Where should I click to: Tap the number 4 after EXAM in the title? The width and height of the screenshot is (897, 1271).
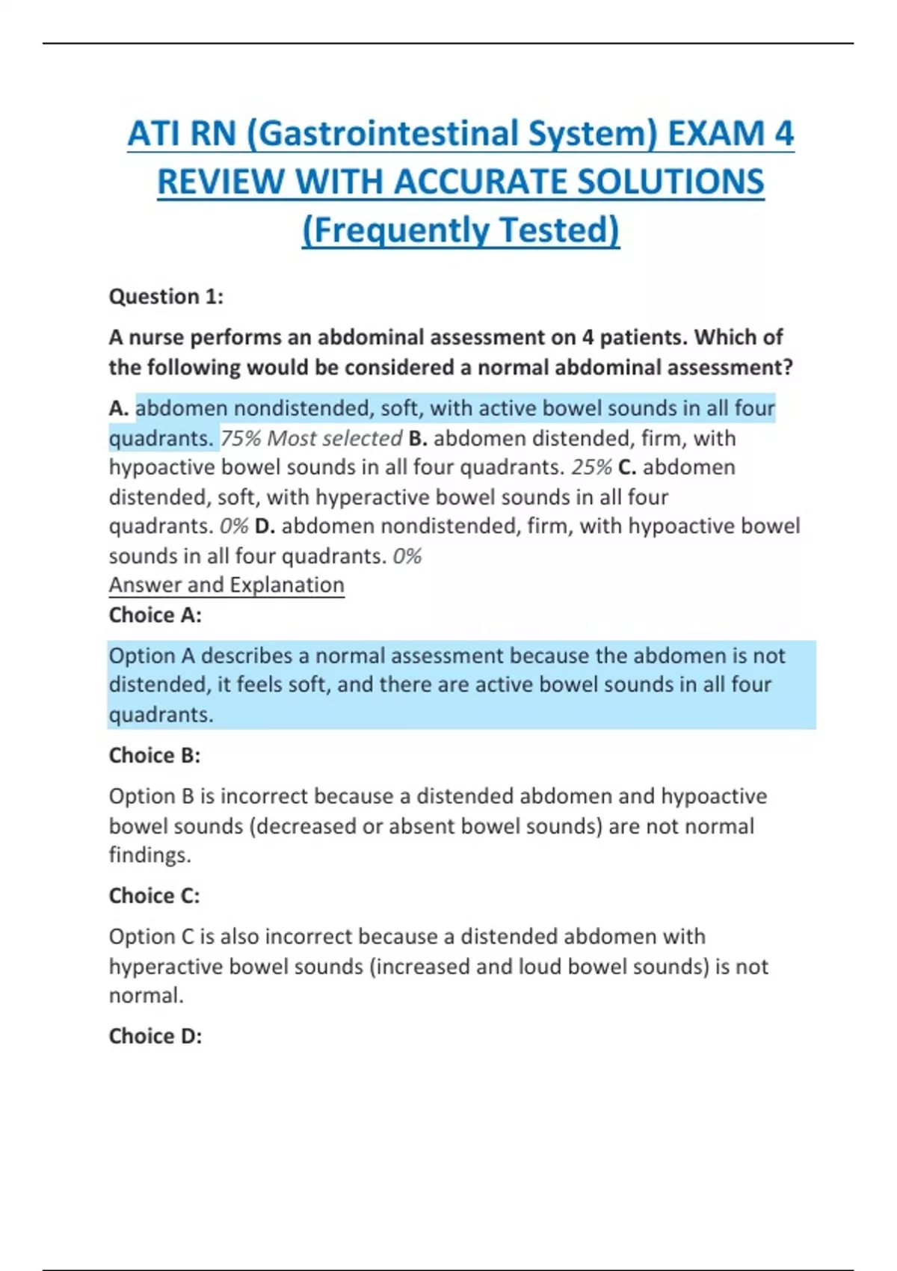click(783, 135)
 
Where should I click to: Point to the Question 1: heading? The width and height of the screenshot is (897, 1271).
click(166, 297)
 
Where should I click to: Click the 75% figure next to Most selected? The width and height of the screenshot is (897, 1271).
click(240, 438)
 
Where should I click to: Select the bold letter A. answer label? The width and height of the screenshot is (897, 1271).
click(119, 408)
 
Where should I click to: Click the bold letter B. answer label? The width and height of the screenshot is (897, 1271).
click(418, 438)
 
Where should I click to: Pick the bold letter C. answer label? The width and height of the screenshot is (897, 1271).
click(627, 467)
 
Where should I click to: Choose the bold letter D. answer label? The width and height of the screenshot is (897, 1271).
click(265, 526)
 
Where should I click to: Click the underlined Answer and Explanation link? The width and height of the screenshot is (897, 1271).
click(226, 585)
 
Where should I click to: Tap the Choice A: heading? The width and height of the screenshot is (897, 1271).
click(155, 615)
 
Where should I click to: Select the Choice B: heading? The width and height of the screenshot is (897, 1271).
click(155, 756)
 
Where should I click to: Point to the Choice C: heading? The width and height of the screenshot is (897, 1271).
click(155, 896)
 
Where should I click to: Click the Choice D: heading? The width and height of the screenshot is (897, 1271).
click(155, 1036)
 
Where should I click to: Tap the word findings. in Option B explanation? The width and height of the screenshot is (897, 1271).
click(150, 855)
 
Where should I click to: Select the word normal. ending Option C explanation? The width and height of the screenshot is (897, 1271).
click(146, 996)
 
